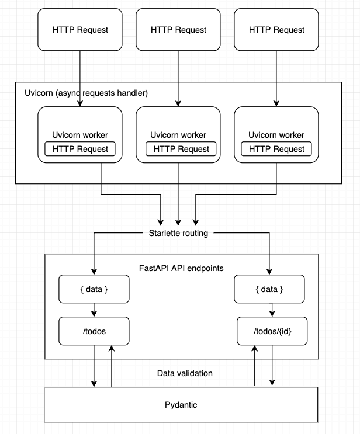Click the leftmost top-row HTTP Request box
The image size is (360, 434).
click(x=80, y=30)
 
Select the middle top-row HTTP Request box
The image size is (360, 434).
click(x=178, y=30)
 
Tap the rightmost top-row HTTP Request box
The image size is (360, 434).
click(x=276, y=30)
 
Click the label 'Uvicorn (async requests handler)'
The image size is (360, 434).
click(x=86, y=93)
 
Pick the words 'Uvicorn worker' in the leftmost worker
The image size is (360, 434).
click(x=80, y=135)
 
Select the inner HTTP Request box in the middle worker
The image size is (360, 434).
click(x=178, y=149)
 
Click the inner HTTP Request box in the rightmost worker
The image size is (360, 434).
click(x=276, y=149)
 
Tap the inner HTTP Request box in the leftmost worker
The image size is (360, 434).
click(x=80, y=149)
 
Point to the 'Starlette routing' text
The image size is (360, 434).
click(x=178, y=233)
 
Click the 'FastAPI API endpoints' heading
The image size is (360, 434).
click(x=180, y=269)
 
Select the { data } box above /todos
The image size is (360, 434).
click(x=94, y=289)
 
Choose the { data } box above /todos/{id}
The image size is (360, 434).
click(x=269, y=289)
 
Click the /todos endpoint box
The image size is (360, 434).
click(x=94, y=331)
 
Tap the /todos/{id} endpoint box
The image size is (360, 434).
click(x=269, y=331)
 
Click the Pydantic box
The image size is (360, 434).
click(x=181, y=404)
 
